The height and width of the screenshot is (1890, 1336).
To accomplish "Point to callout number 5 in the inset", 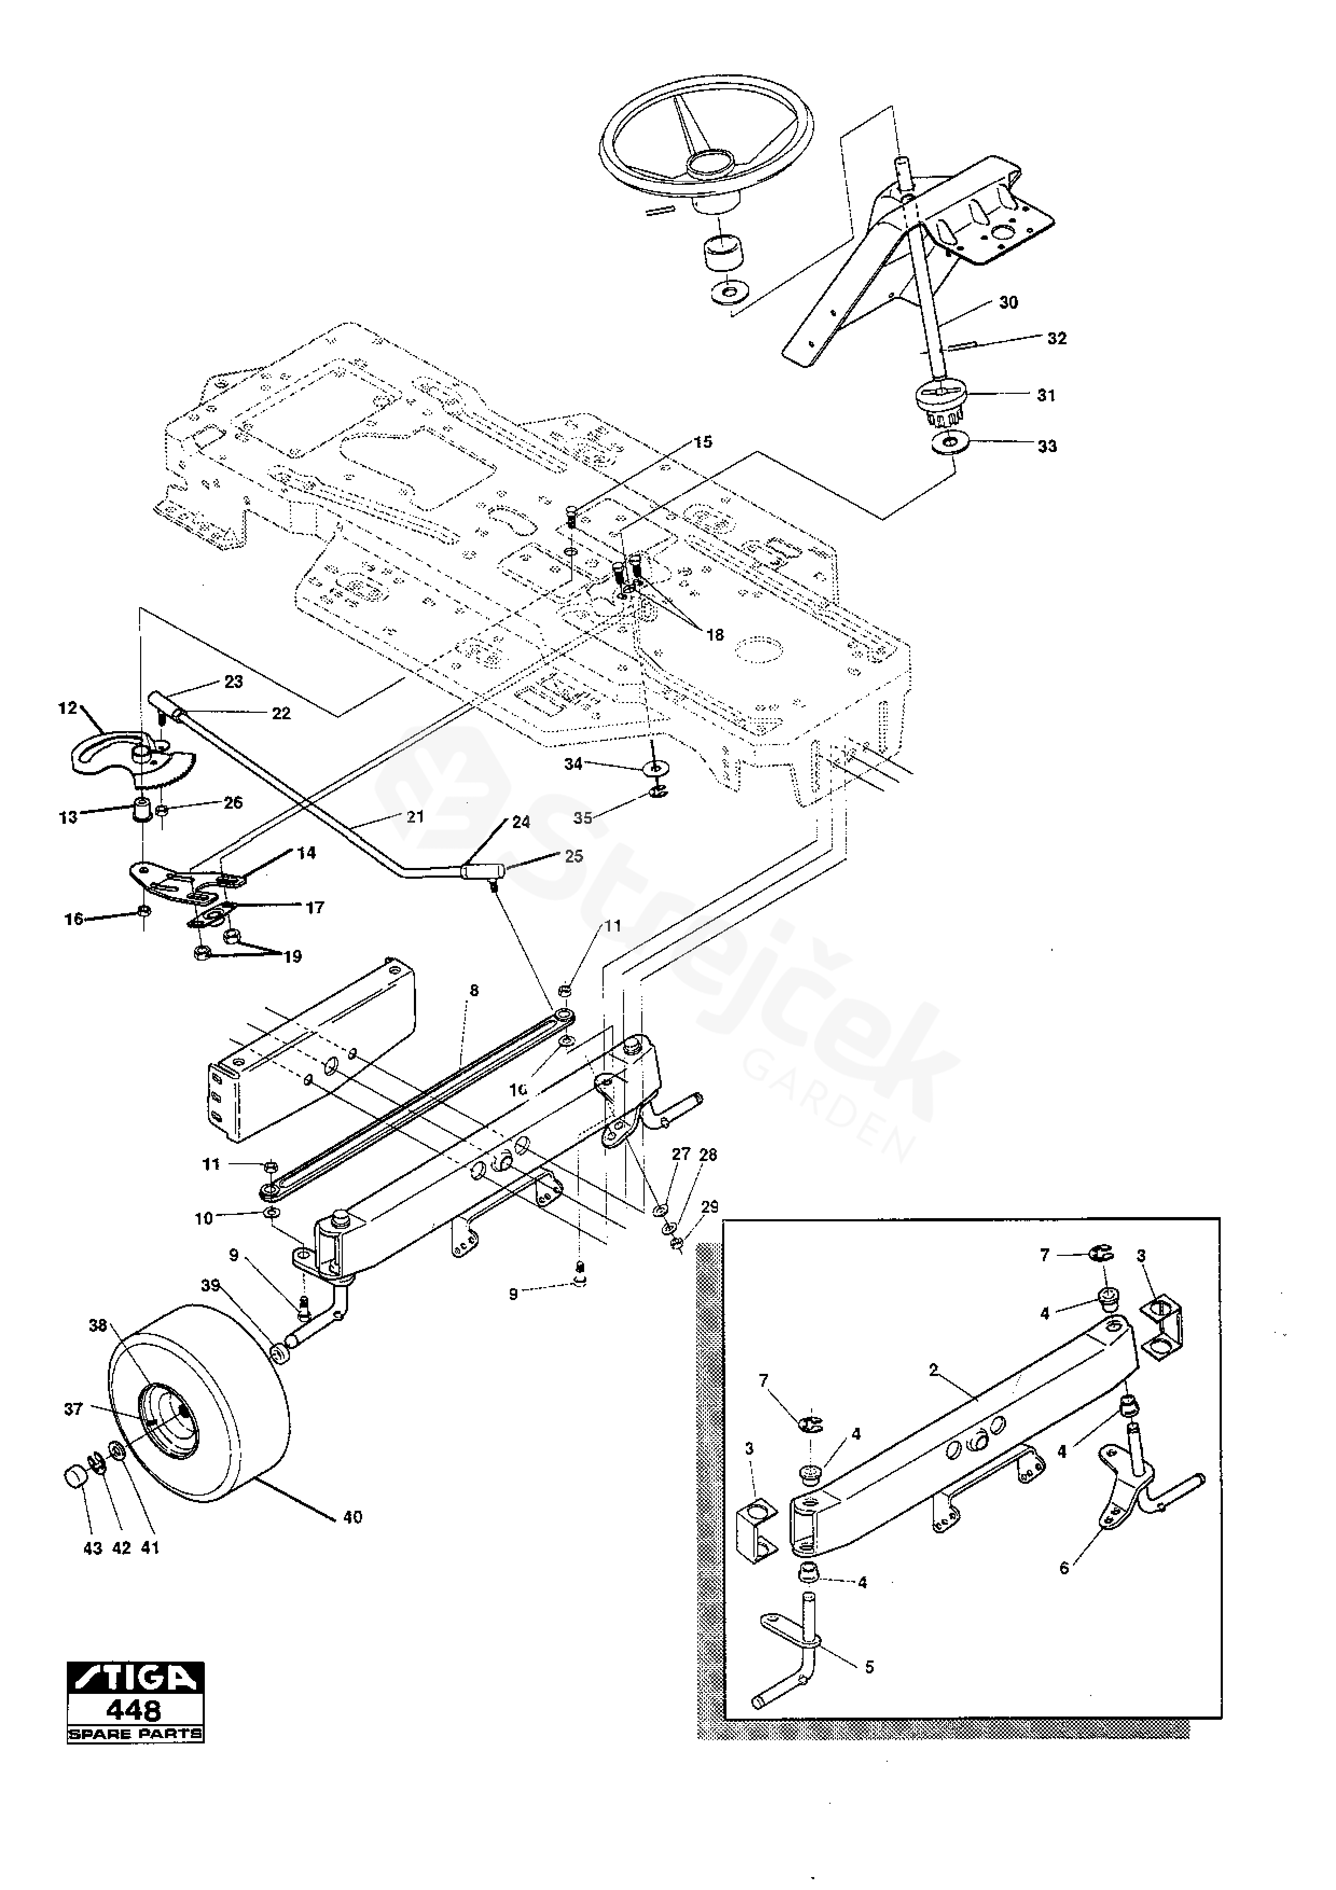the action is (869, 1667).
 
